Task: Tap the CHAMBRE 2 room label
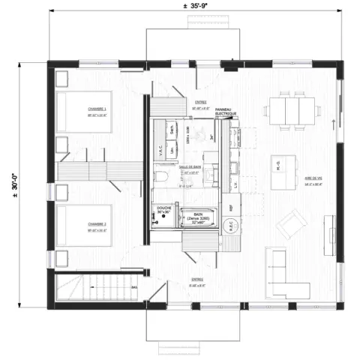tap(96, 224)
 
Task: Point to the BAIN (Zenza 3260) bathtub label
tap(198, 217)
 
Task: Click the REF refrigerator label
tap(232, 205)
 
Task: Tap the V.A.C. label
tap(160, 150)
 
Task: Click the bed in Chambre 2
tap(84, 225)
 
